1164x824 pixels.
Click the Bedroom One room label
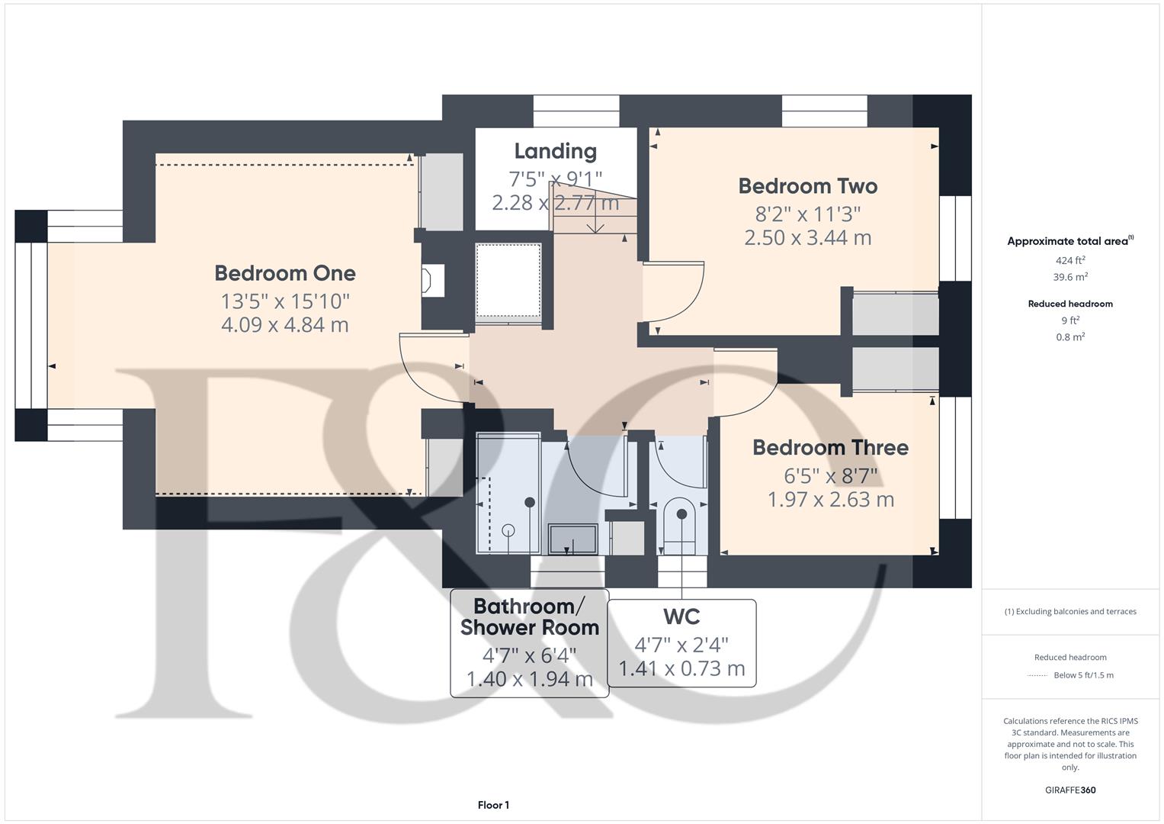(284, 273)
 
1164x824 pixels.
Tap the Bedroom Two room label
(807, 186)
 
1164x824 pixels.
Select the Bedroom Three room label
(830, 448)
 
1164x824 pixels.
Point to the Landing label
(555, 151)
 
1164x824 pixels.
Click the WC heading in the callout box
(681, 616)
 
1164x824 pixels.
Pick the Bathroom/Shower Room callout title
(530, 617)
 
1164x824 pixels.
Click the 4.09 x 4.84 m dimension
(284, 325)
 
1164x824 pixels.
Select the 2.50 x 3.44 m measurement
(807, 238)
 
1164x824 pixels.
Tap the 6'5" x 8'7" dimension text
(830, 476)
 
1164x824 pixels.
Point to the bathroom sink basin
(572, 539)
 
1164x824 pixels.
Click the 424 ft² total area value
(1069, 260)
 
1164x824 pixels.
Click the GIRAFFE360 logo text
(1069, 790)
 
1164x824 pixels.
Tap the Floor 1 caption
(493, 805)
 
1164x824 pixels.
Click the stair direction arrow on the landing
(595, 220)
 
